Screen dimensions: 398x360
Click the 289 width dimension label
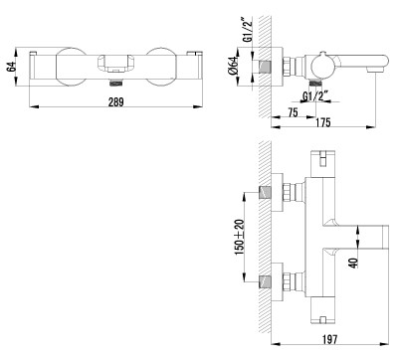115,101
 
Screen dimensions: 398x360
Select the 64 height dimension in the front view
11,66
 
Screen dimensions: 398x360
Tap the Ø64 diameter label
234,66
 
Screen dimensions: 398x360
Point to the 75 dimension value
293,112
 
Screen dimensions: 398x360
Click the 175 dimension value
322,122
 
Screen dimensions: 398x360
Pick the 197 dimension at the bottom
329,339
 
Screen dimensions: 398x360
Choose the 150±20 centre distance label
240,237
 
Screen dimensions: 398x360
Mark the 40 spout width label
354,263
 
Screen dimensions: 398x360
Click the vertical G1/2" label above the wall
248,29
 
